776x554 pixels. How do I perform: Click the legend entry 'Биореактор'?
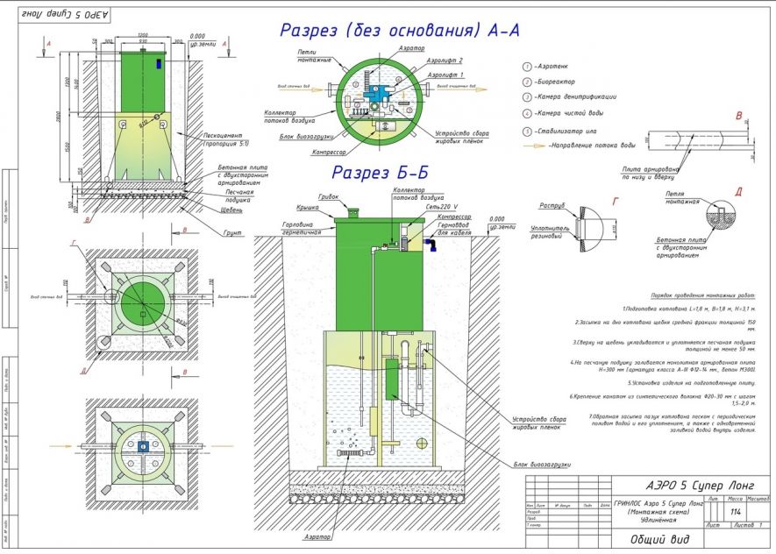click(x=569, y=81)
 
